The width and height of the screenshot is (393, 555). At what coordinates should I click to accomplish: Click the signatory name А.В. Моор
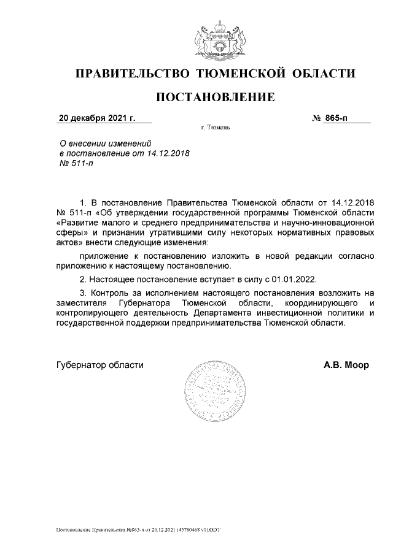pos(346,365)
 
